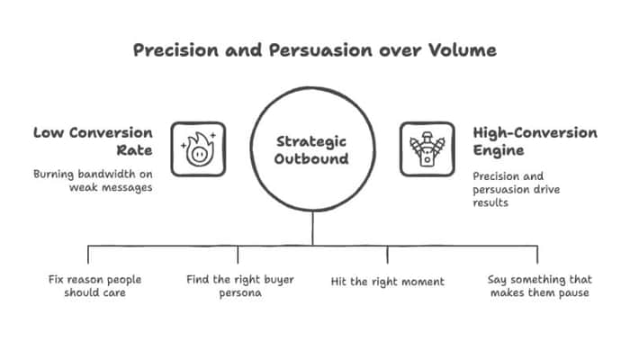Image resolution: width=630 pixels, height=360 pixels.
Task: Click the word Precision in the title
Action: click(176, 50)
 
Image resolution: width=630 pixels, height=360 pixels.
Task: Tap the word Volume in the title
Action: click(462, 50)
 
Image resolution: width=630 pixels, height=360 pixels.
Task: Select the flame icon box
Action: click(198, 149)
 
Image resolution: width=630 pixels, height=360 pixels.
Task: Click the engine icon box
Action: click(427, 149)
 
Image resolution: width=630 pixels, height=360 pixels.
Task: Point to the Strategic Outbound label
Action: click(311, 150)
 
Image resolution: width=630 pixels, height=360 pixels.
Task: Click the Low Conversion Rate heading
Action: click(93, 141)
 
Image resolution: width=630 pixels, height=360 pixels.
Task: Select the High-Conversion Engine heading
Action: click(535, 141)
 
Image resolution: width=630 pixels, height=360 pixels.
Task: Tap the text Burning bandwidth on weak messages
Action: click(93, 181)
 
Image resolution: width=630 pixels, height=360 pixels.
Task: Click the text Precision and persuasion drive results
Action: click(517, 189)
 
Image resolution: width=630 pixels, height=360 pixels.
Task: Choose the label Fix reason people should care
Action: click(94, 285)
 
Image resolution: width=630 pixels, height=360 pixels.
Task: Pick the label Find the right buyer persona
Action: click(240, 285)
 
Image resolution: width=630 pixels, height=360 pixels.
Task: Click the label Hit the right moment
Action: click(387, 282)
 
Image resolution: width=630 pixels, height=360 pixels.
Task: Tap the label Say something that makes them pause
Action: click(540, 285)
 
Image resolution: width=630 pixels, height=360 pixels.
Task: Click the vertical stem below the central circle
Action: click(312, 228)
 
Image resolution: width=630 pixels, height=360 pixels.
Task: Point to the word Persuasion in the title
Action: click(320, 50)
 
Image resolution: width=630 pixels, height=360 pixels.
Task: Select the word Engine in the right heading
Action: click(499, 150)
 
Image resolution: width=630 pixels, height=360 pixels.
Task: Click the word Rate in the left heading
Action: click(135, 150)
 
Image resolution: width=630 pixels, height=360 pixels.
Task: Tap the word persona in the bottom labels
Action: click(240, 293)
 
